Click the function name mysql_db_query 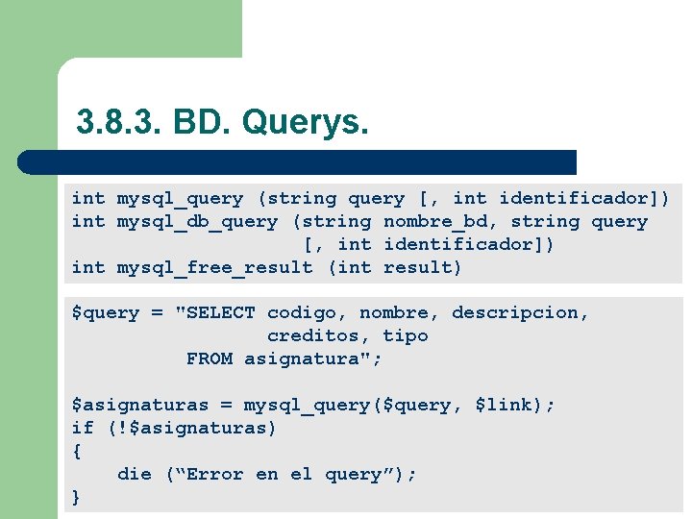[x=197, y=222]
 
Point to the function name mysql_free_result [x=214, y=268]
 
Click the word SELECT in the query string [x=221, y=313]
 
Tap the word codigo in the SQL [x=307, y=313]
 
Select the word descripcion [x=519, y=313]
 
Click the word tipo [x=406, y=336]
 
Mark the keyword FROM [x=210, y=359]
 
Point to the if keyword [x=83, y=429]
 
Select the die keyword [x=135, y=475]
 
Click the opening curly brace [x=77, y=452]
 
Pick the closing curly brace [x=77, y=498]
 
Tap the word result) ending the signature [x=423, y=268]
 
